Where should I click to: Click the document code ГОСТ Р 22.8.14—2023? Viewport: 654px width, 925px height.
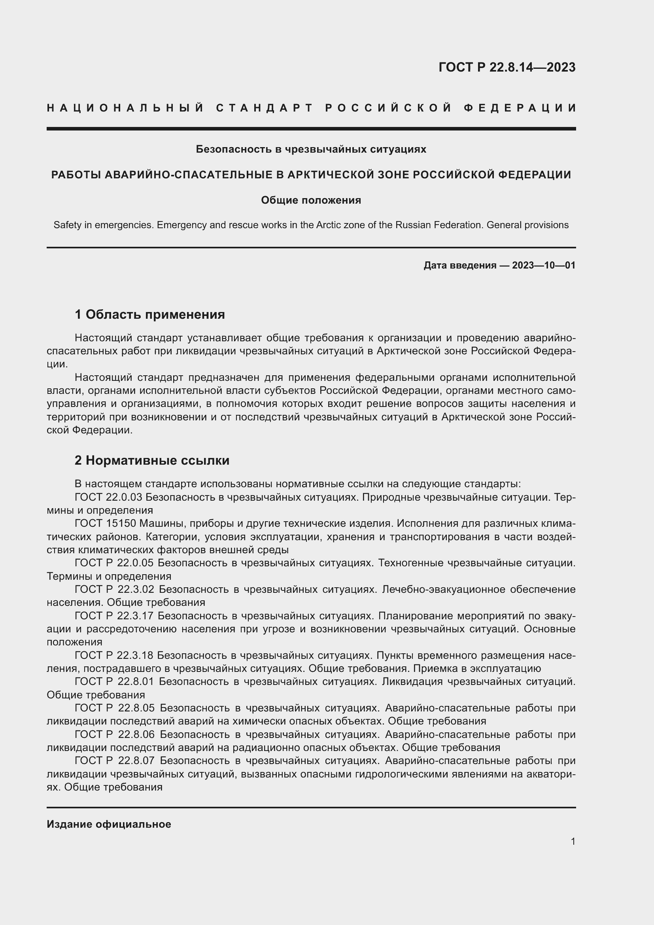click(x=507, y=67)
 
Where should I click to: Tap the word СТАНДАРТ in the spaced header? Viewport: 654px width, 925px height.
click(x=265, y=108)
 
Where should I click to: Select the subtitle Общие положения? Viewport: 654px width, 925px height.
click(x=311, y=200)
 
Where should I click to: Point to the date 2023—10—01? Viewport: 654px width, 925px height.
click(x=544, y=265)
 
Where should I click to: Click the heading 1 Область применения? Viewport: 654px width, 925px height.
click(x=150, y=314)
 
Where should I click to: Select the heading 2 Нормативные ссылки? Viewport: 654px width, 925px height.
click(x=152, y=460)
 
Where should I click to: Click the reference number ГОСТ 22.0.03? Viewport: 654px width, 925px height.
click(x=108, y=497)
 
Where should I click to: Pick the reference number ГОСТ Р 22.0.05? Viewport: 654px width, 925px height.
click(x=114, y=563)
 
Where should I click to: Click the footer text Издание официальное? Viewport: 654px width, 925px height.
click(x=109, y=824)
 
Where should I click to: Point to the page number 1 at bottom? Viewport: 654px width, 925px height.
click(x=573, y=841)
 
